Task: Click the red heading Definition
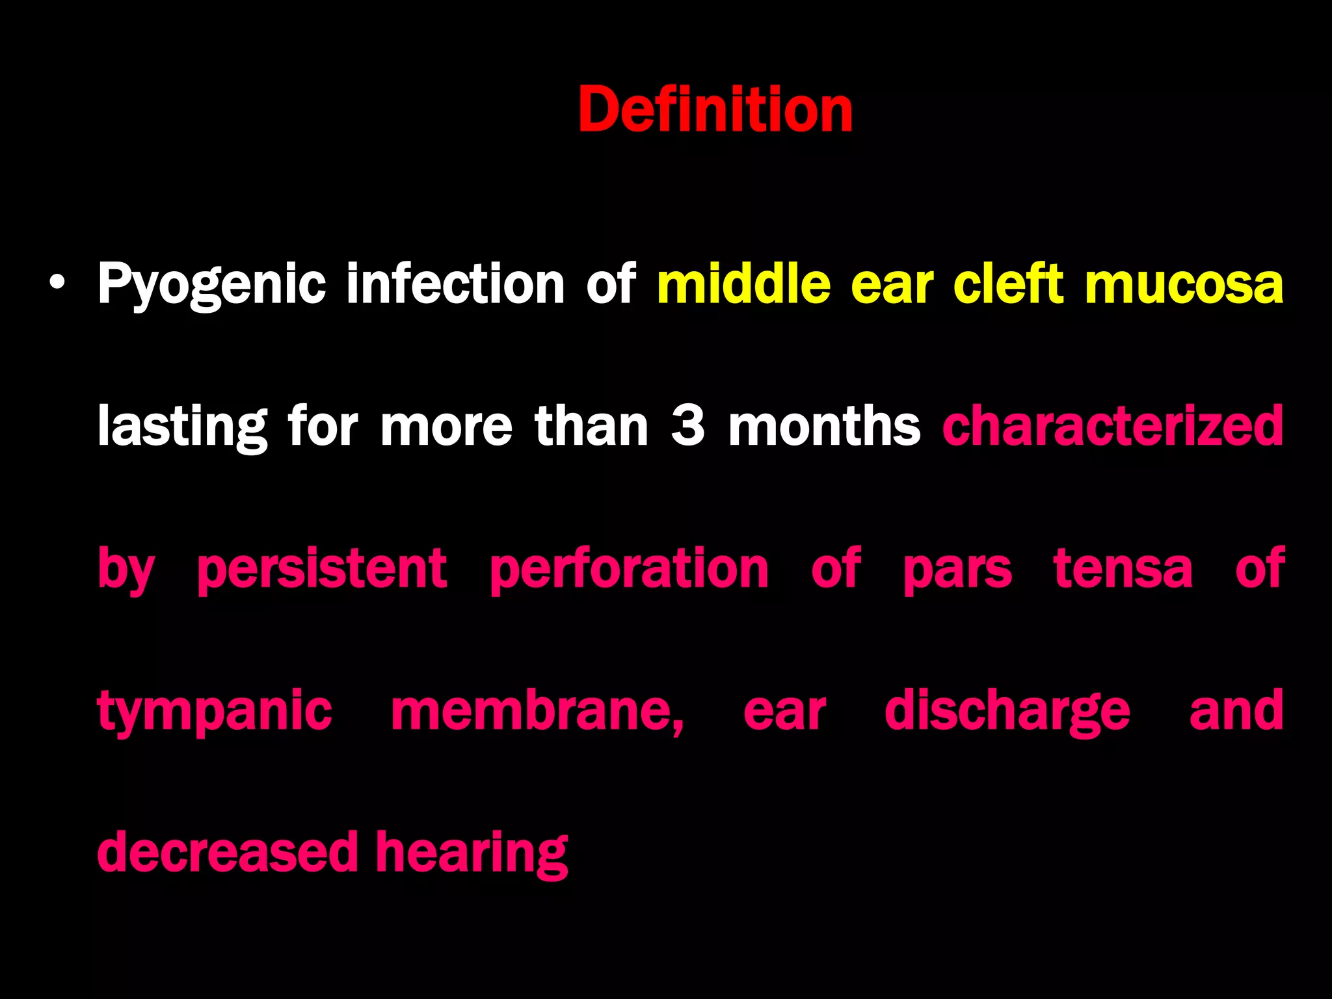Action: coord(715,110)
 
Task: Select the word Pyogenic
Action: coord(211,285)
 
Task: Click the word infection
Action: coord(455,284)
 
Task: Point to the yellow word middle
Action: coord(743,284)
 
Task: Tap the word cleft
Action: coord(1008,284)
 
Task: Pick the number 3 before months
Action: coord(687,426)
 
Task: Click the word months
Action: coord(824,426)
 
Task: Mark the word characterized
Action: coord(1113,426)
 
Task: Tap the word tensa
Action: coord(1123,568)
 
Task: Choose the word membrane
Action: coord(537,711)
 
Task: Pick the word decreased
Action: coord(228,852)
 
